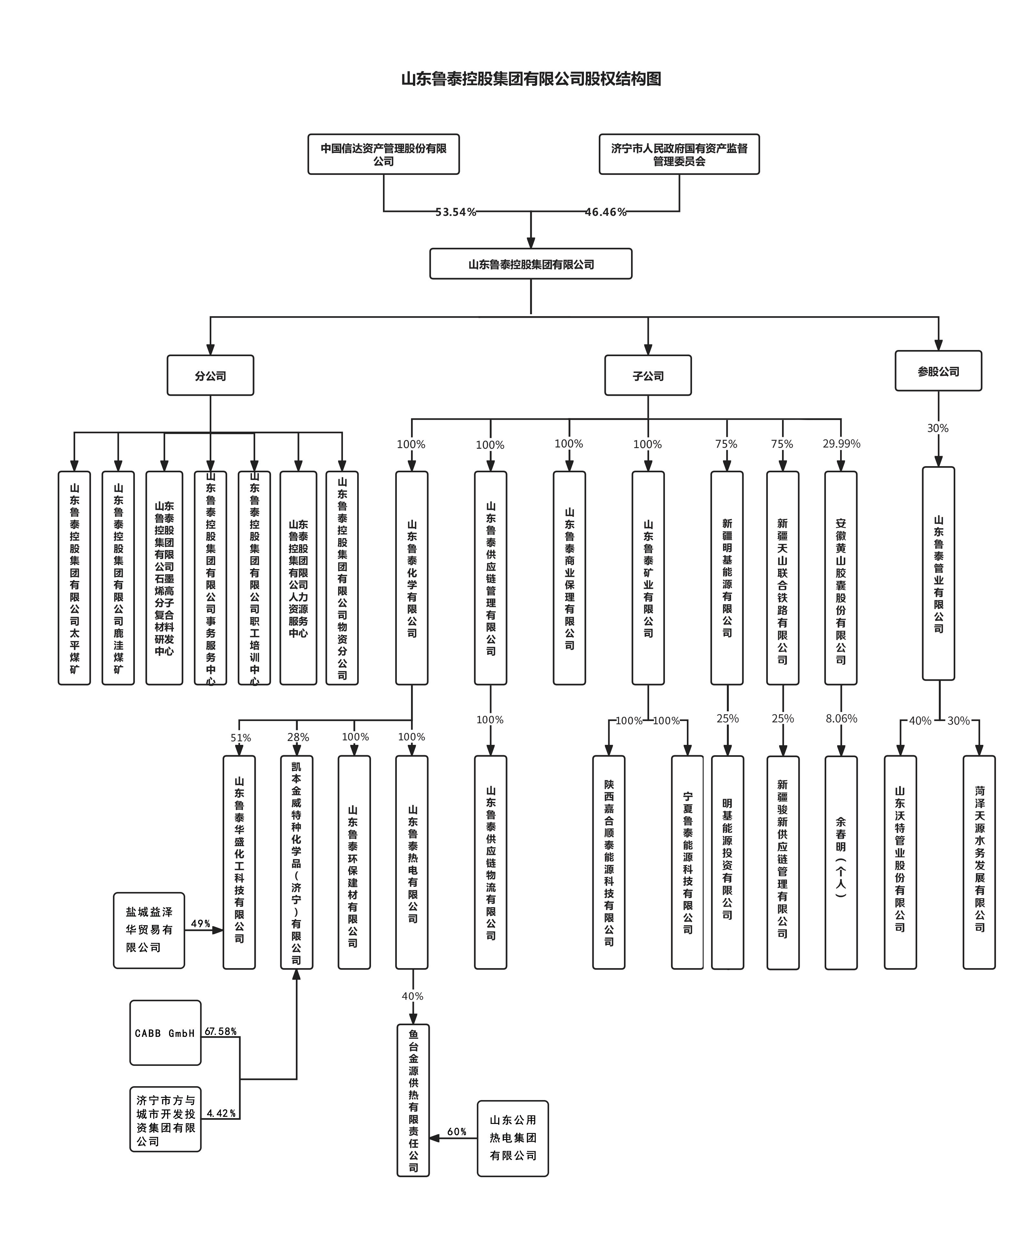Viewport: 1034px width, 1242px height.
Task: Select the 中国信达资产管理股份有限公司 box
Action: (383, 154)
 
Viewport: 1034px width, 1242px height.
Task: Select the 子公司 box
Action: (648, 376)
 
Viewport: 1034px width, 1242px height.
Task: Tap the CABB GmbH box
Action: (165, 1033)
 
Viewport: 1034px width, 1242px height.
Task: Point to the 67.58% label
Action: (221, 1031)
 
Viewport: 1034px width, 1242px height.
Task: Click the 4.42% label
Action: (221, 1113)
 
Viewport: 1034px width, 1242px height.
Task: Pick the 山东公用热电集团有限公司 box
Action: (512, 1138)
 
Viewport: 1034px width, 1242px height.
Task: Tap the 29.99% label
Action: (840, 444)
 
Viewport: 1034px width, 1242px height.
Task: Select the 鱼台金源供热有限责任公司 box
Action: (413, 1100)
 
